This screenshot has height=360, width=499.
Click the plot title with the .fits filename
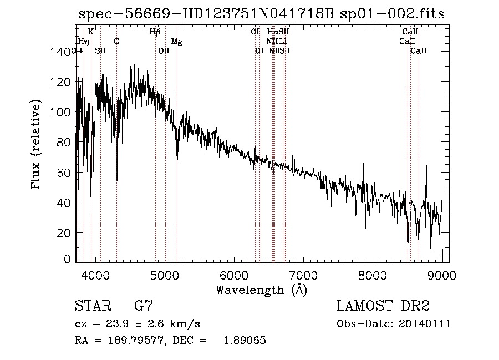pos(260,14)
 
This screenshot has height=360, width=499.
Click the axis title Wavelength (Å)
pos(261,290)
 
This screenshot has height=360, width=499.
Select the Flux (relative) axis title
pos(37,145)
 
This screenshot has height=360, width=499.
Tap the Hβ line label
pos(155,32)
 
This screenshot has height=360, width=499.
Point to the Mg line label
pos(176,42)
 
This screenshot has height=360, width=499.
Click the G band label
pos(116,42)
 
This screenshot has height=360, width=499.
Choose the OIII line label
pos(165,51)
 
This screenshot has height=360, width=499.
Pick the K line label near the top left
pos(91,32)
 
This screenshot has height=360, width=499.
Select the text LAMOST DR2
pos(383,306)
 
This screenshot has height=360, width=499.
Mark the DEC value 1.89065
pos(245,341)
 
